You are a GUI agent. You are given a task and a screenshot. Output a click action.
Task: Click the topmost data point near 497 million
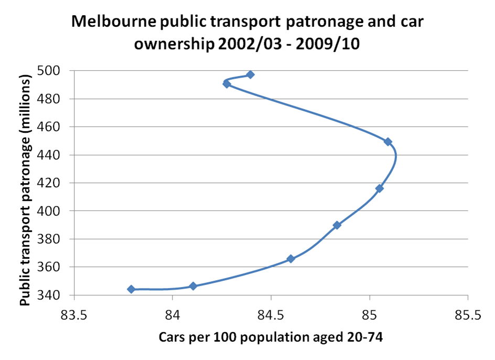coord(251,75)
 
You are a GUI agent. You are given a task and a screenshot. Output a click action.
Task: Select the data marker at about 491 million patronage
coord(227,84)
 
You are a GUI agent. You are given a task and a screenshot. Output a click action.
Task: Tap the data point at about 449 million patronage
coord(388,142)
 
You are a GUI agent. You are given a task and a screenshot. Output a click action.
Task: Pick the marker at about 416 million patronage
coord(380,188)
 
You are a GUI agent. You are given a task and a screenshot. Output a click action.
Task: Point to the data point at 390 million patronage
coord(337,225)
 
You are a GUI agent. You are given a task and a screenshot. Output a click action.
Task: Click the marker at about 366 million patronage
coord(291,259)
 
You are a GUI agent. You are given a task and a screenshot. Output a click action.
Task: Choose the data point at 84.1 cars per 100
coord(193,286)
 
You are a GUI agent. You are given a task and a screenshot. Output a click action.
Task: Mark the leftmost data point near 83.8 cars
coord(131,289)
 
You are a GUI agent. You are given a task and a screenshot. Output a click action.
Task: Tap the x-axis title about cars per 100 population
coord(271,338)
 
